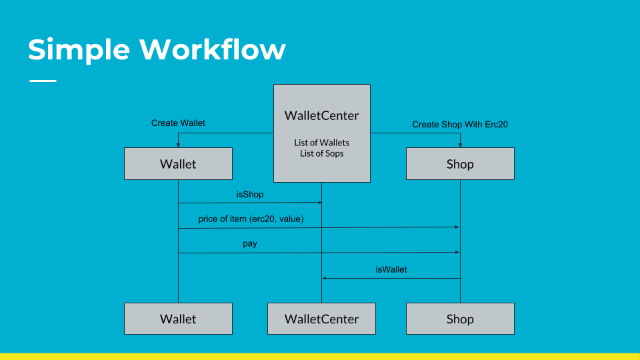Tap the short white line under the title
coord(43,81)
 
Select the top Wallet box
coord(178,164)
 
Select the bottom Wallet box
coord(178,319)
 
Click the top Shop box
coord(460,164)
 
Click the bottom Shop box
coord(460,319)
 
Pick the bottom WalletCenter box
coord(321,319)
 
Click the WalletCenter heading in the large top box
coord(321,115)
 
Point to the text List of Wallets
coord(321,143)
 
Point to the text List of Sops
coord(321,153)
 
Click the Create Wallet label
coord(178,123)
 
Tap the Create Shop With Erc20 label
coord(460,124)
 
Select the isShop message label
coord(250,194)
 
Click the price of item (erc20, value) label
coord(251,219)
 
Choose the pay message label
coord(250,244)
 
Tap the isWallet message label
coord(391,269)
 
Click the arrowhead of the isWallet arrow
coord(325,279)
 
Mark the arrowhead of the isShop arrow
coord(319,203)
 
